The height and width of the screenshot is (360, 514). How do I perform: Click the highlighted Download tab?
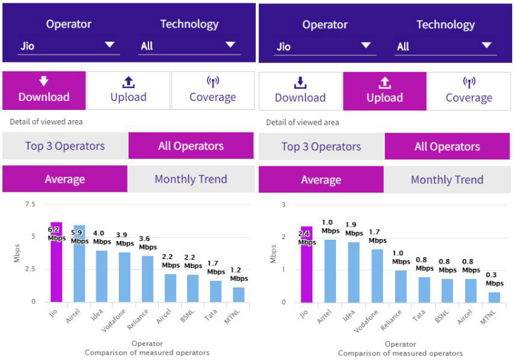coord(44,90)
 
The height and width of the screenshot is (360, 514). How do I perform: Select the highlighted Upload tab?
coord(384,91)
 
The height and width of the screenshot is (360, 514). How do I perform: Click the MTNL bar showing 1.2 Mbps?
coord(238,294)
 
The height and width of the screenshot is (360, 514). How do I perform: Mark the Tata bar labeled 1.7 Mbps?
coord(216,291)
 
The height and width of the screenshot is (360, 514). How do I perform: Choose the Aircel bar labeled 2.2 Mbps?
coord(170,288)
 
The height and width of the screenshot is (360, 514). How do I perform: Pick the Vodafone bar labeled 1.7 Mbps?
coord(377,276)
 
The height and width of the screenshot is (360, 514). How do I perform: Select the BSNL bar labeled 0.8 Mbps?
coord(447,291)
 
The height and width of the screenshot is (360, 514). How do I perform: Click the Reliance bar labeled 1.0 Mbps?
coord(401,286)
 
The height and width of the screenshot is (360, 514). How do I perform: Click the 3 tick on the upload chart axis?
coord(283,204)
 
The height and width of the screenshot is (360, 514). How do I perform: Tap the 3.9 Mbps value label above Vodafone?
coord(125,239)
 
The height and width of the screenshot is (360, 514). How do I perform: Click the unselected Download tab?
coord(300,91)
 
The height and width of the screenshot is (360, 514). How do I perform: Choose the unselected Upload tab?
coord(128,90)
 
